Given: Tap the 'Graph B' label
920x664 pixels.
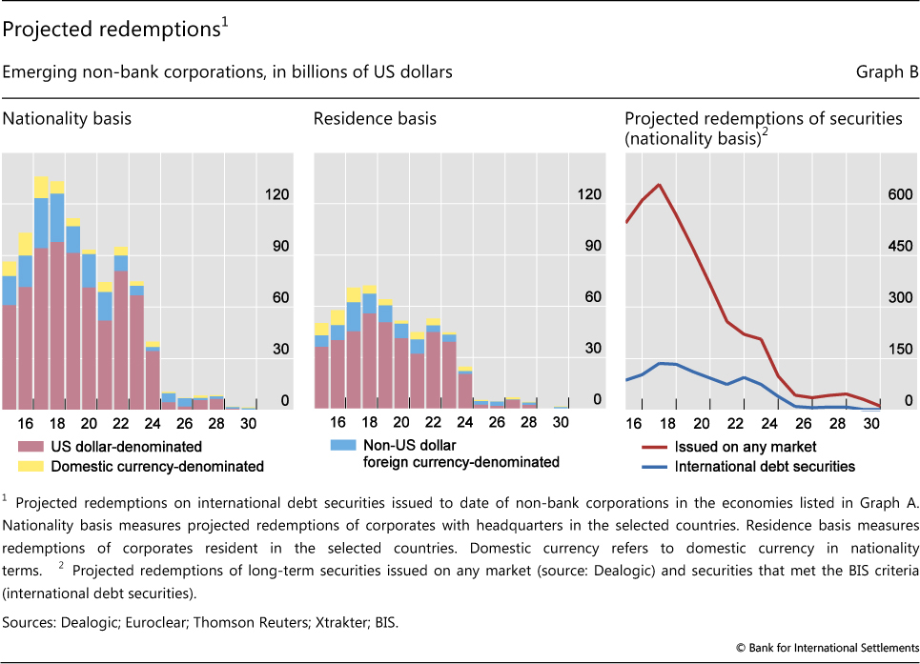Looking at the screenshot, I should point(890,72).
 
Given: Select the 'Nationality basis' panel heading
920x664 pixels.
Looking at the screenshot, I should point(67,119).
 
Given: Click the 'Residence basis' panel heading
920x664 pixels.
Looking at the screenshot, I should point(375,119).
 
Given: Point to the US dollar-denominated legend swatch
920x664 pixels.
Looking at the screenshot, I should point(29,446).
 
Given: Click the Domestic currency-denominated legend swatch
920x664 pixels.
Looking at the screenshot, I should point(29,466).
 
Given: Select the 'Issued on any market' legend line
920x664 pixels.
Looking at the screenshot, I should point(654,446).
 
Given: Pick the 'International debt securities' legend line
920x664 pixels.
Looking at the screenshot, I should point(654,466).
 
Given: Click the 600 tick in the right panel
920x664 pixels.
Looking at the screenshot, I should point(901,195).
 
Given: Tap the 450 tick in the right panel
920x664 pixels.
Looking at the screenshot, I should point(901,247).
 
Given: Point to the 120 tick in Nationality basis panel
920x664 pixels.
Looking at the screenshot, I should point(278,195).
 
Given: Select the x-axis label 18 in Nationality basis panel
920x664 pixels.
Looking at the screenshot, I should point(57,423).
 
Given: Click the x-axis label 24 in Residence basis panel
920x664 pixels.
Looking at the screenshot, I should point(465,423).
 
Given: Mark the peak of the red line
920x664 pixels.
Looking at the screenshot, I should point(659,185).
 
